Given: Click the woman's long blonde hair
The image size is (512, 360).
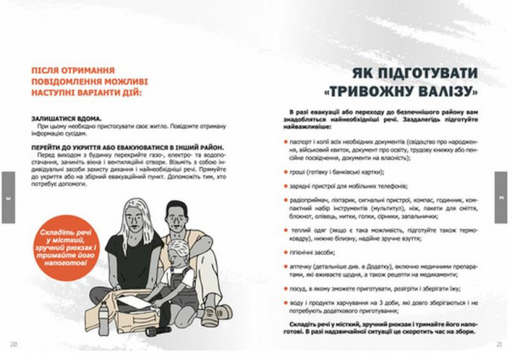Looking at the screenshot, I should [x=136, y=220].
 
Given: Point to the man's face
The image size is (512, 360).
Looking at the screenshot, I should [x=176, y=219].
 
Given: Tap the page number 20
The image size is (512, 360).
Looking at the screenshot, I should [x=14, y=344].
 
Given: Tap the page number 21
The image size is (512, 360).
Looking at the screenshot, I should [x=500, y=344].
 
